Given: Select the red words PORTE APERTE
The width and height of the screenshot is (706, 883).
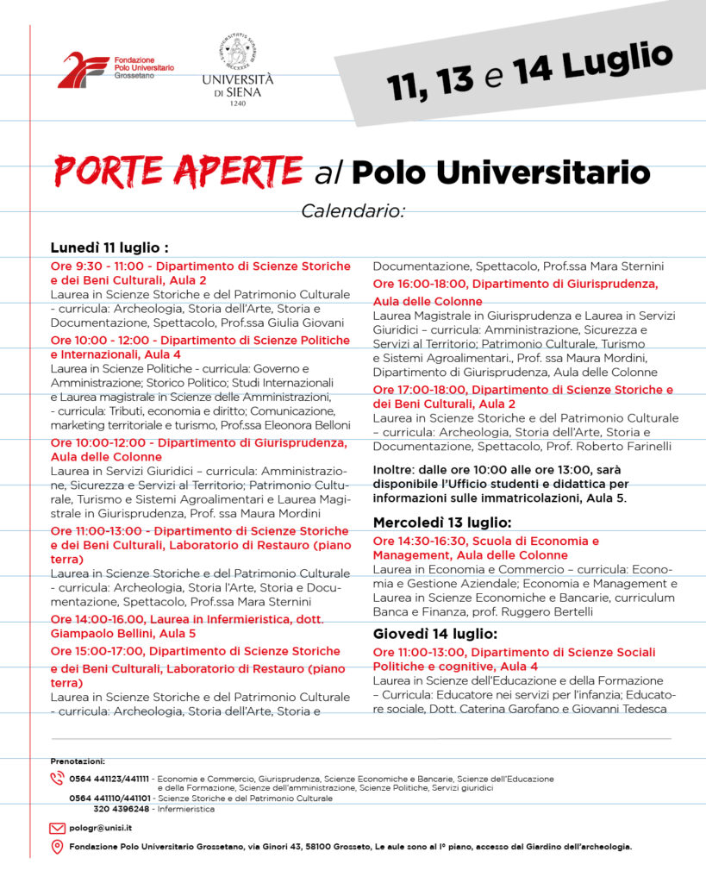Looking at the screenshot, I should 178,171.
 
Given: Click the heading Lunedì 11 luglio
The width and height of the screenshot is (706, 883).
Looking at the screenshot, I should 109,248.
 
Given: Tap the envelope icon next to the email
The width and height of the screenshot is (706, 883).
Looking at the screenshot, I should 58,828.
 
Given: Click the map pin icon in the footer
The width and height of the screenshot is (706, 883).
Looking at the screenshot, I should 58,847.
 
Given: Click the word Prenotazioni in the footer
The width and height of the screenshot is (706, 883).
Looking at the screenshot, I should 78,761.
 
